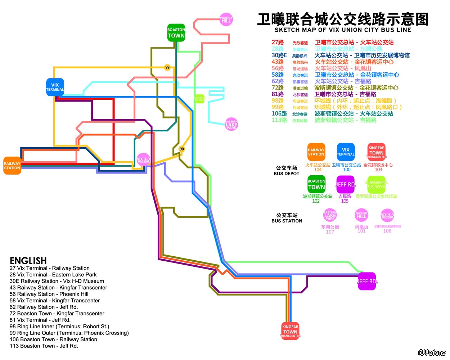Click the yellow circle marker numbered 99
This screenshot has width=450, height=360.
click(x=167, y=67)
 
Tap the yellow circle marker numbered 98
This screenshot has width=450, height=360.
click(x=182, y=149)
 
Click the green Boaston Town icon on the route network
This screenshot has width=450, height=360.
click(x=176, y=33)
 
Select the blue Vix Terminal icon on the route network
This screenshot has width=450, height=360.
click(x=55, y=87)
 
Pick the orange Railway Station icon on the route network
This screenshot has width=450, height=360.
click(x=12, y=166)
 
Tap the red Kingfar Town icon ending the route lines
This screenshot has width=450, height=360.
click(x=290, y=331)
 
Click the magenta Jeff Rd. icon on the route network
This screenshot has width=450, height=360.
click(x=367, y=281)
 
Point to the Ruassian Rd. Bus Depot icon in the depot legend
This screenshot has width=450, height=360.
click(x=376, y=185)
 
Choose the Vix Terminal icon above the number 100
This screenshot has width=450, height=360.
click(x=346, y=152)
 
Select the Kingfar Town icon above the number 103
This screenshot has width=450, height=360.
click(x=377, y=152)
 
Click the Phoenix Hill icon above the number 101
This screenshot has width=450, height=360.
click(x=361, y=215)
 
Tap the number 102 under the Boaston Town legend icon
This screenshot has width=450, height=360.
click(x=316, y=201)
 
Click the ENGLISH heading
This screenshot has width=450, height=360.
click(x=28, y=261)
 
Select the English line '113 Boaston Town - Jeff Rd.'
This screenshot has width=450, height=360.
click(x=44, y=346)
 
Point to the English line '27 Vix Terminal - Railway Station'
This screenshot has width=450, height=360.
click(x=50, y=268)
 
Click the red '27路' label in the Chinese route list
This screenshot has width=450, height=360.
click(x=278, y=42)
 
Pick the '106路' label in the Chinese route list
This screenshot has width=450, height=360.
click(x=279, y=114)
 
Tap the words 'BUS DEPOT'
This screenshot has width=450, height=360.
click(x=287, y=174)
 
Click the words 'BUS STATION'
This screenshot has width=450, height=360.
click(x=287, y=221)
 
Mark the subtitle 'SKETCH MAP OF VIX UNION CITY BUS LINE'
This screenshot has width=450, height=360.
click(x=343, y=30)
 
